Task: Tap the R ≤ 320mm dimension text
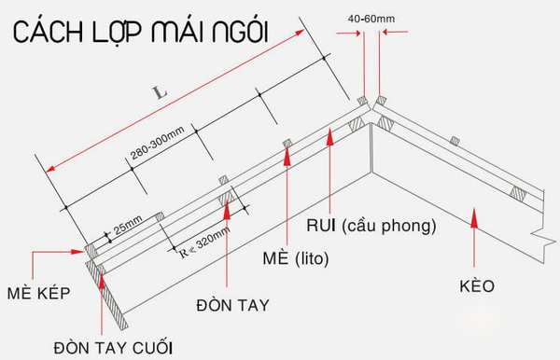click(x=202, y=239)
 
